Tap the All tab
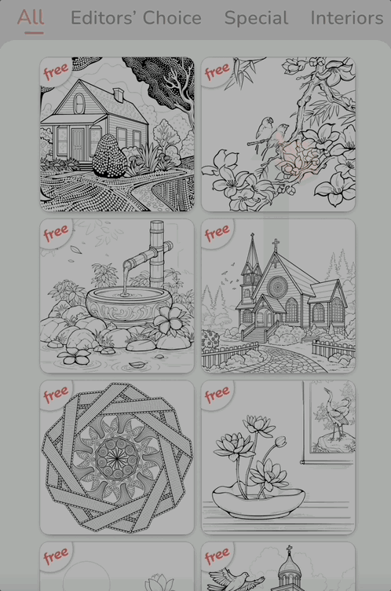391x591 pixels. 31,17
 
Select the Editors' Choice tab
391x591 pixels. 136,17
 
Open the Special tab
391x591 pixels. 256,17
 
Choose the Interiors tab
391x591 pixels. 347,17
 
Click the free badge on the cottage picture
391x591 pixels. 56,72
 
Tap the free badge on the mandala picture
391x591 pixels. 56,395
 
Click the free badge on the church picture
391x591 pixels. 217,233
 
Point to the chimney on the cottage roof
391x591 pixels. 118,95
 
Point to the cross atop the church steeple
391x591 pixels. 276,244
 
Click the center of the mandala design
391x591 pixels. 118,457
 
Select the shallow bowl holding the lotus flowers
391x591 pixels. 258,501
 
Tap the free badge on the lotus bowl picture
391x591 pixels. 217,395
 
